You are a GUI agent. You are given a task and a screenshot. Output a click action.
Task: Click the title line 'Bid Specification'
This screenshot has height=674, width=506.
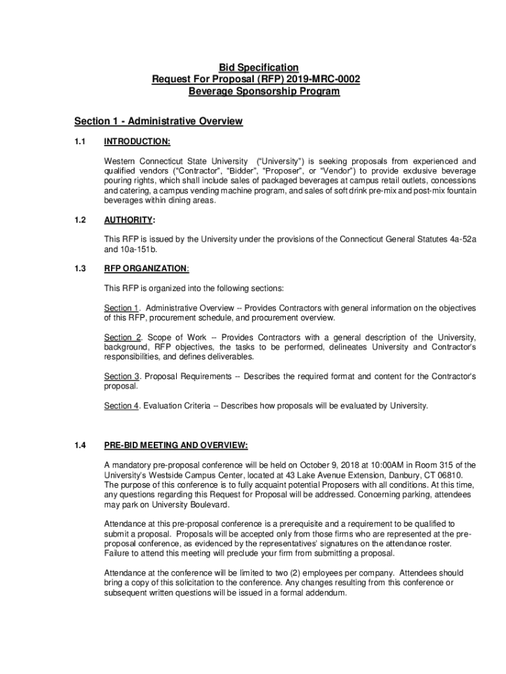[258, 68]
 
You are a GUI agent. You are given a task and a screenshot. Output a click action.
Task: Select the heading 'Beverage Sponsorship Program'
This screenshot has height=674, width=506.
[264, 91]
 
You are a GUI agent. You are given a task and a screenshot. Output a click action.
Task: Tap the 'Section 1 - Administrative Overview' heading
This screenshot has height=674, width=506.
[158, 121]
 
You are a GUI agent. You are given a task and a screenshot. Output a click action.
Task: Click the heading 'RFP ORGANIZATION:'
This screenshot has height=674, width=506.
[147, 269]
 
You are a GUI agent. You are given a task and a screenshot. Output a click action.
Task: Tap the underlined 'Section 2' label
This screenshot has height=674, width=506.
[122, 338]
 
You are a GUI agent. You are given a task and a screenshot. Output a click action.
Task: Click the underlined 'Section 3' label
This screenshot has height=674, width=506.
[122, 376]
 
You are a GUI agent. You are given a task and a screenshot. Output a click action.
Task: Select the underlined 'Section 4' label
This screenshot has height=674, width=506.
[122, 405]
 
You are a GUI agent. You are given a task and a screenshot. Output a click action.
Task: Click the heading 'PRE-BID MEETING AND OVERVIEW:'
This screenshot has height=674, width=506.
[176, 446]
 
